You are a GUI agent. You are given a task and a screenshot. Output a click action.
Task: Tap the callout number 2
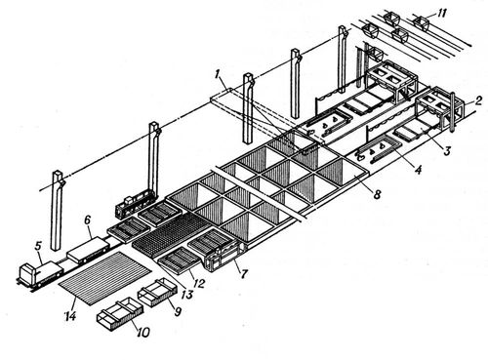477,101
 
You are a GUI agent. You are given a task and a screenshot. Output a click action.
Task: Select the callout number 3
447,150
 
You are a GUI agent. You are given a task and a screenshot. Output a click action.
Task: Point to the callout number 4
418,170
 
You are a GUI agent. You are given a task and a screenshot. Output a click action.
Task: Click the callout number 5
38,246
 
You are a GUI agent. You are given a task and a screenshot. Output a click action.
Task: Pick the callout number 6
87,220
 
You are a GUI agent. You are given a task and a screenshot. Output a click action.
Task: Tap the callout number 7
244,274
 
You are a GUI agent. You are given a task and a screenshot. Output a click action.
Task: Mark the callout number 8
377,194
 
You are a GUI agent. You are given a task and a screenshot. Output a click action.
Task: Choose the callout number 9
178,312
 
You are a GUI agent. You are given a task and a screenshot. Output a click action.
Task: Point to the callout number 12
198,283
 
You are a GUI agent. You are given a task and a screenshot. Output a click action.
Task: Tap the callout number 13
186,295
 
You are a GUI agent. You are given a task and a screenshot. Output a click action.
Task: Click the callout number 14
70,315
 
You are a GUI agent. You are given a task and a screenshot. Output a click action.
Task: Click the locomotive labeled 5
40,274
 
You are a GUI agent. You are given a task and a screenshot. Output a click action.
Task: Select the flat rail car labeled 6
88,250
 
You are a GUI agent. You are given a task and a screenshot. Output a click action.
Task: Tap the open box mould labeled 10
120,314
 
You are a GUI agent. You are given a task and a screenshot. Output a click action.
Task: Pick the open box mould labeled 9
158,292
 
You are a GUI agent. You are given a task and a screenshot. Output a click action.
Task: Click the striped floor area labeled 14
104,278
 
